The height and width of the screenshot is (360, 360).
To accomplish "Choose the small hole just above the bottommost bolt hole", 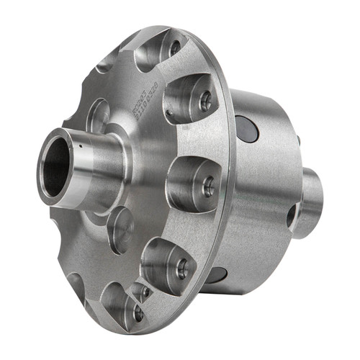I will (145, 292).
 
